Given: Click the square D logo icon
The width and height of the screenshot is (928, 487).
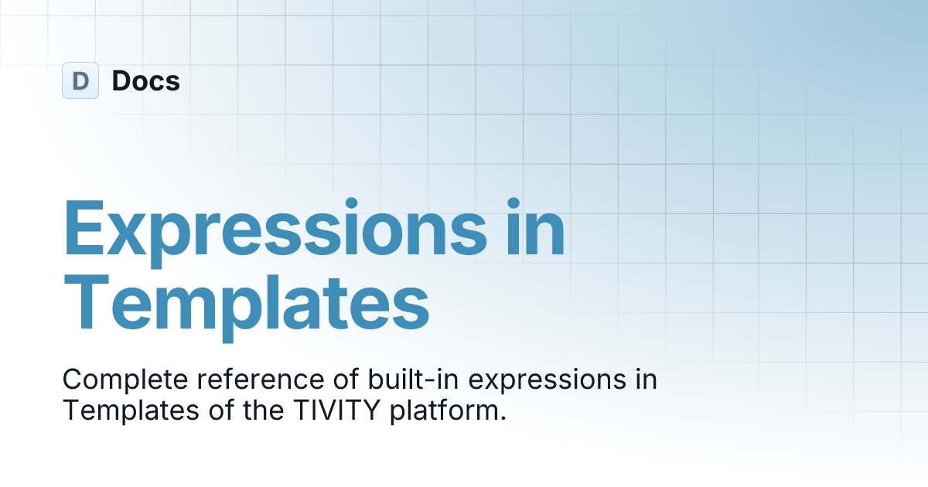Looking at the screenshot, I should click(80, 80).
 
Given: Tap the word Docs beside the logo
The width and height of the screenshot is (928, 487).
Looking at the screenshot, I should click(146, 80).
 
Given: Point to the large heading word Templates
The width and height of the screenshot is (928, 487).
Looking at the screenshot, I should click(246, 307).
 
